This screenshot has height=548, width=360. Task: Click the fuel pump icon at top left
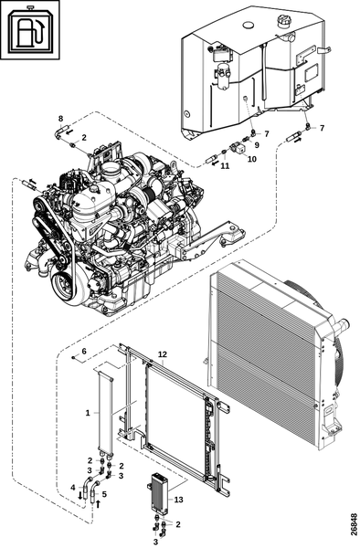(30, 29)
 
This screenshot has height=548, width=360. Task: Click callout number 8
(60, 118)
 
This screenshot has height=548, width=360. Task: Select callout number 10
(252, 159)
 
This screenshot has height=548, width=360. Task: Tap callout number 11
(225, 166)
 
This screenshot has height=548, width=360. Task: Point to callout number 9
(257, 144)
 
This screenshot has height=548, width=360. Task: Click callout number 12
(163, 354)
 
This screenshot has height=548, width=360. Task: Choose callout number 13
(178, 500)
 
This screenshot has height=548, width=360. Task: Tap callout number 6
(84, 351)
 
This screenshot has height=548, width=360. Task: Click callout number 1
(88, 413)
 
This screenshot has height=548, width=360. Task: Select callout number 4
(73, 487)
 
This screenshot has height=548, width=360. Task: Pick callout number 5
(104, 494)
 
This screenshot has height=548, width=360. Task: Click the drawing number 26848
(354, 524)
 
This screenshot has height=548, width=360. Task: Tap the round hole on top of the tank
(249, 25)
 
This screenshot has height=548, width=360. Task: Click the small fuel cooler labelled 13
(159, 494)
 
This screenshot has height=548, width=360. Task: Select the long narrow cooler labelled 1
(106, 413)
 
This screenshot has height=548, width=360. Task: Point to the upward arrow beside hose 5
(98, 503)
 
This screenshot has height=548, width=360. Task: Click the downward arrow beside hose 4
(80, 495)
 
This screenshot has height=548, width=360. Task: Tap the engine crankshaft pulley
(64, 288)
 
